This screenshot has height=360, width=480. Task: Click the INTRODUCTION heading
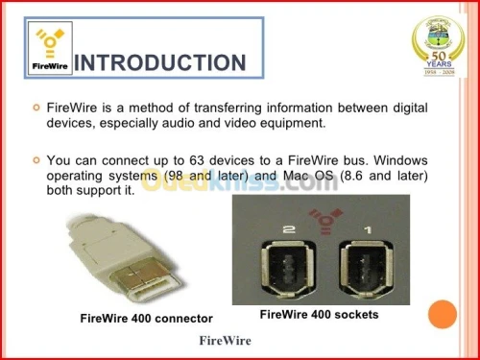click(159, 63)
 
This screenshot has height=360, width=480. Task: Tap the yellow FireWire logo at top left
click(47, 45)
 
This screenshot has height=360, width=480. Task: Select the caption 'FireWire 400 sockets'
click(320, 314)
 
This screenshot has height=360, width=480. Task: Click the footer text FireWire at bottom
click(225, 341)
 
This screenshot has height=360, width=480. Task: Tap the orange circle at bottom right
click(441, 314)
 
